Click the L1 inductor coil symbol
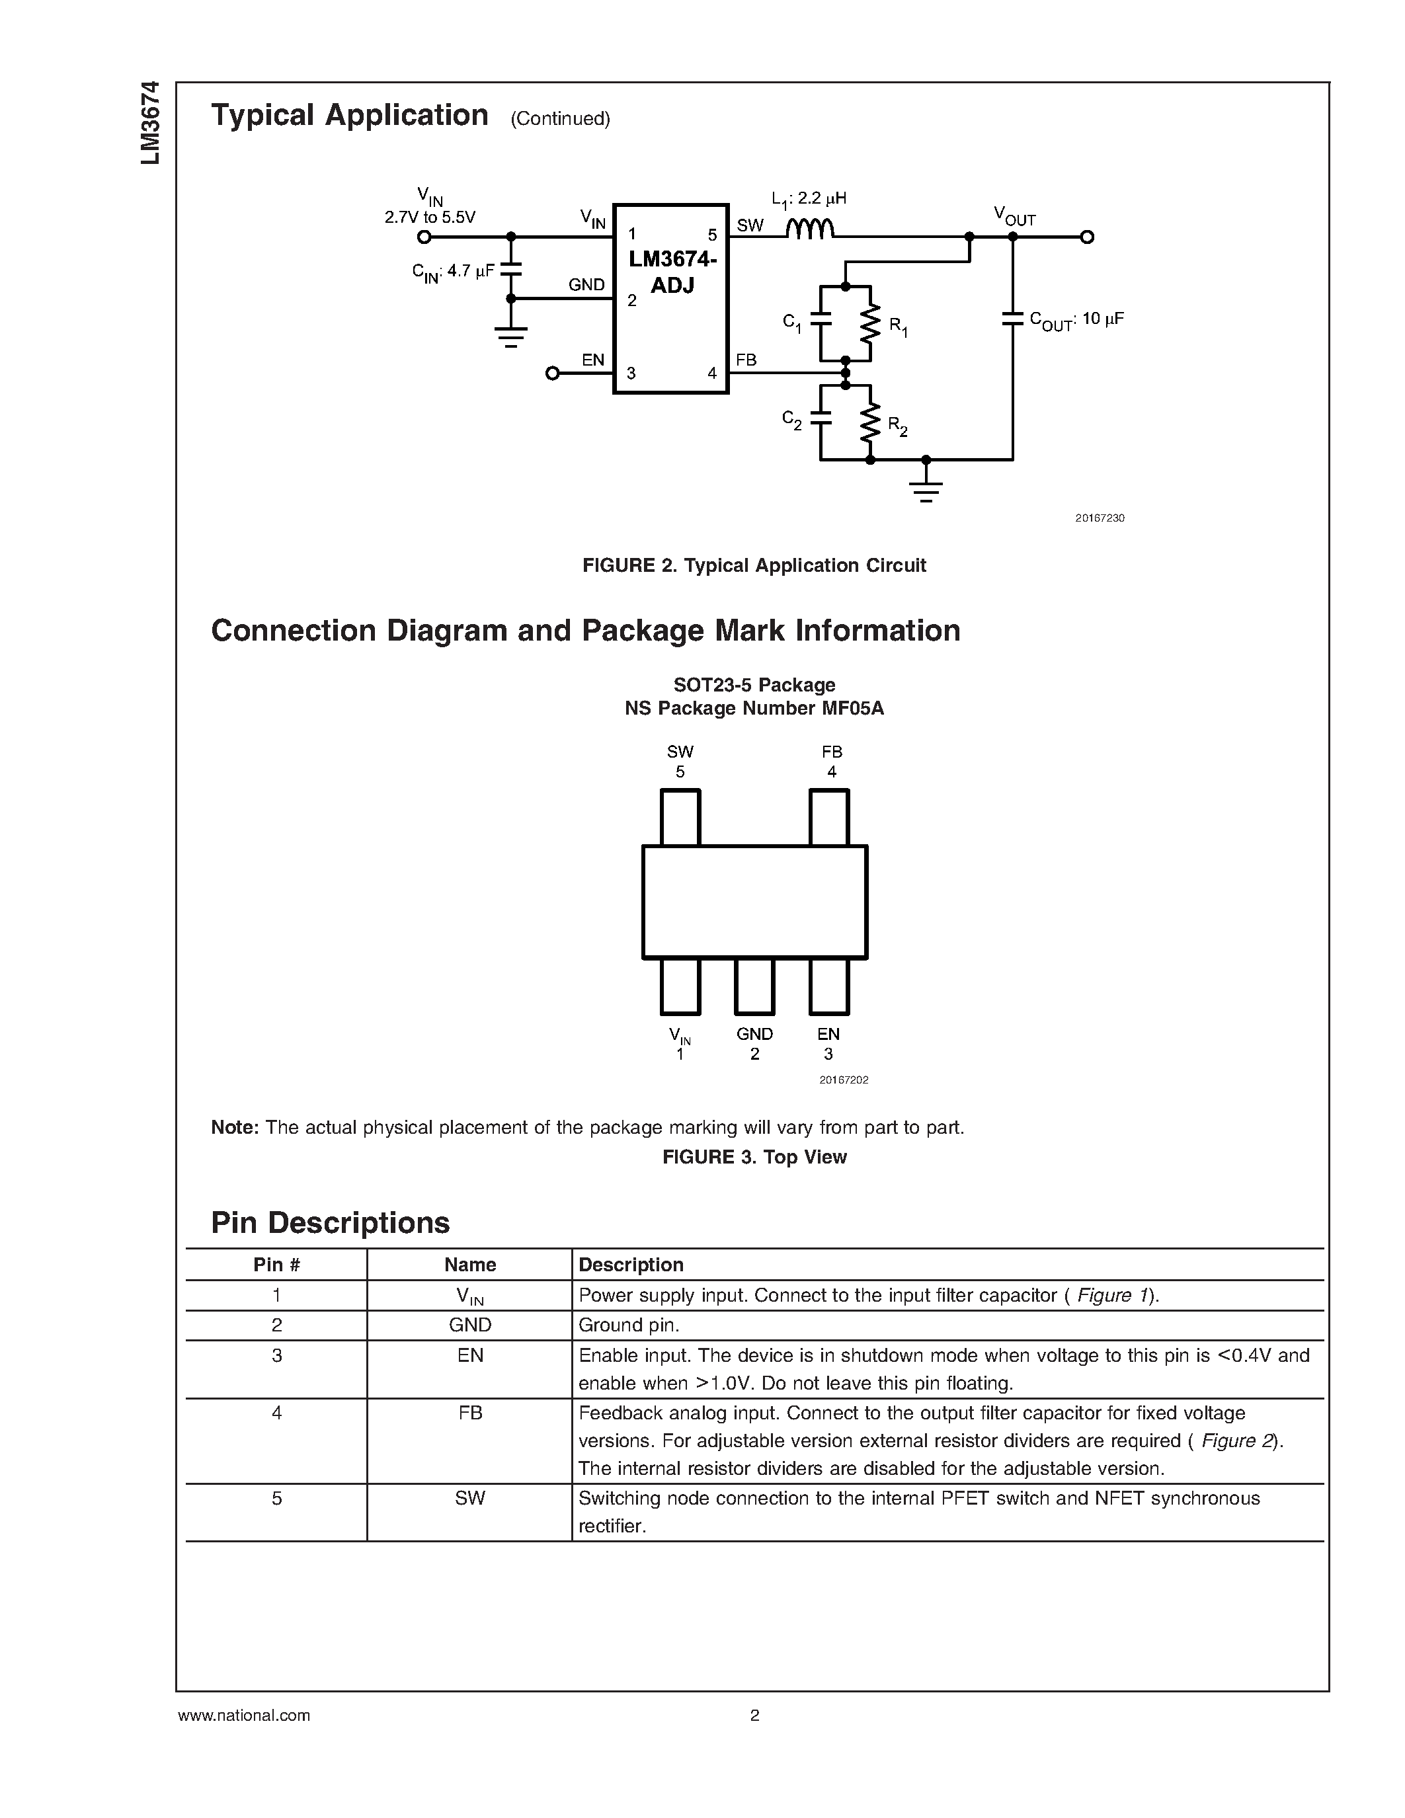coord(810,229)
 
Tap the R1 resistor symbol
coord(870,325)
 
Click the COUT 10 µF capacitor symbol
coord(1013,318)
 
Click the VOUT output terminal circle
coord(1087,237)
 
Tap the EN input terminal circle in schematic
coord(552,374)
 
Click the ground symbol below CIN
coord(511,337)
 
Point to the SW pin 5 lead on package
coord(680,817)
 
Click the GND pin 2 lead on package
coord(754,986)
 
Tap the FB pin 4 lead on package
coord(829,817)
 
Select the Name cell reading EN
coord(469,1356)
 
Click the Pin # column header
coord(276,1265)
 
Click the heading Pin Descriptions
coord(331,1223)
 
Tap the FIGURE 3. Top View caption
coord(754,1157)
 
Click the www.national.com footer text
coord(244,1716)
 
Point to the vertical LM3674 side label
coord(150,122)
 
